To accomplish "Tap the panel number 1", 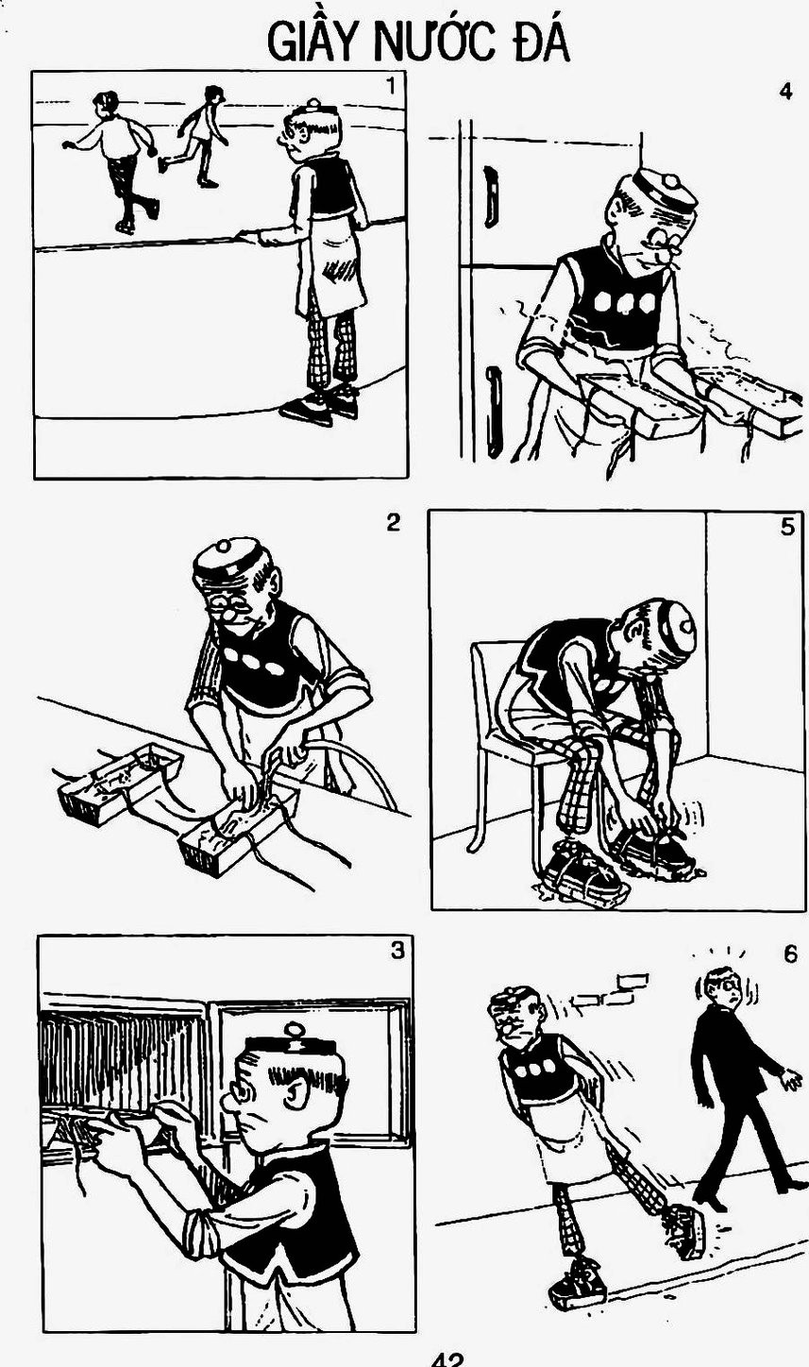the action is (391, 86).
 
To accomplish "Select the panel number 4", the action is (785, 93).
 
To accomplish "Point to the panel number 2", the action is (393, 522).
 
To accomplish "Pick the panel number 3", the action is (397, 951).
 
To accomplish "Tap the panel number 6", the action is (790, 954).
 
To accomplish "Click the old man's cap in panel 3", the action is (293, 1044).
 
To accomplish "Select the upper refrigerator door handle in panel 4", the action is (491, 196).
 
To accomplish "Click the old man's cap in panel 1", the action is (315, 110).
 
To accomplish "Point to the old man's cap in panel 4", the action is (665, 189).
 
